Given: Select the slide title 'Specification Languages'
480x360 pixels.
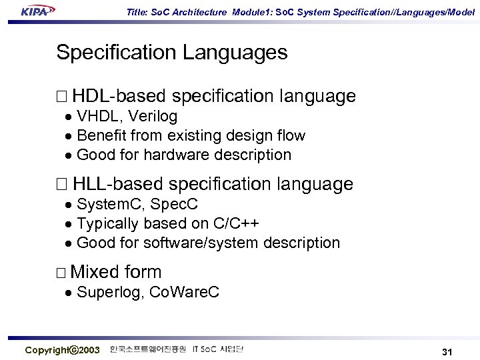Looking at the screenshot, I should (x=172, y=53).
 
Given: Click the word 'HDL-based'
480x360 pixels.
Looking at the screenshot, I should (x=119, y=97).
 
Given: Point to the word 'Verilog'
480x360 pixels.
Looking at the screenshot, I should (x=153, y=117).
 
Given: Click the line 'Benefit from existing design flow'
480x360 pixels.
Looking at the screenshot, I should (x=191, y=136).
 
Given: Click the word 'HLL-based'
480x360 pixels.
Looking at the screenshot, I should (x=118, y=184).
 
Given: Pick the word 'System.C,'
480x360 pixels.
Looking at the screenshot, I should (x=107, y=204).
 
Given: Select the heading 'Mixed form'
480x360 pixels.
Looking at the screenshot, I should (x=115, y=272).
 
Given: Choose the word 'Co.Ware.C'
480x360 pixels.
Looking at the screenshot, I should (x=184, y=292).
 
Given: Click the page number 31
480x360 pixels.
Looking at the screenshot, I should (x=447, y=351).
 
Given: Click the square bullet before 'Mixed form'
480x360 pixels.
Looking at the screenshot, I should (x=61, y=273).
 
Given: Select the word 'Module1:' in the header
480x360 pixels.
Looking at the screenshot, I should (x=252, y=11).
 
